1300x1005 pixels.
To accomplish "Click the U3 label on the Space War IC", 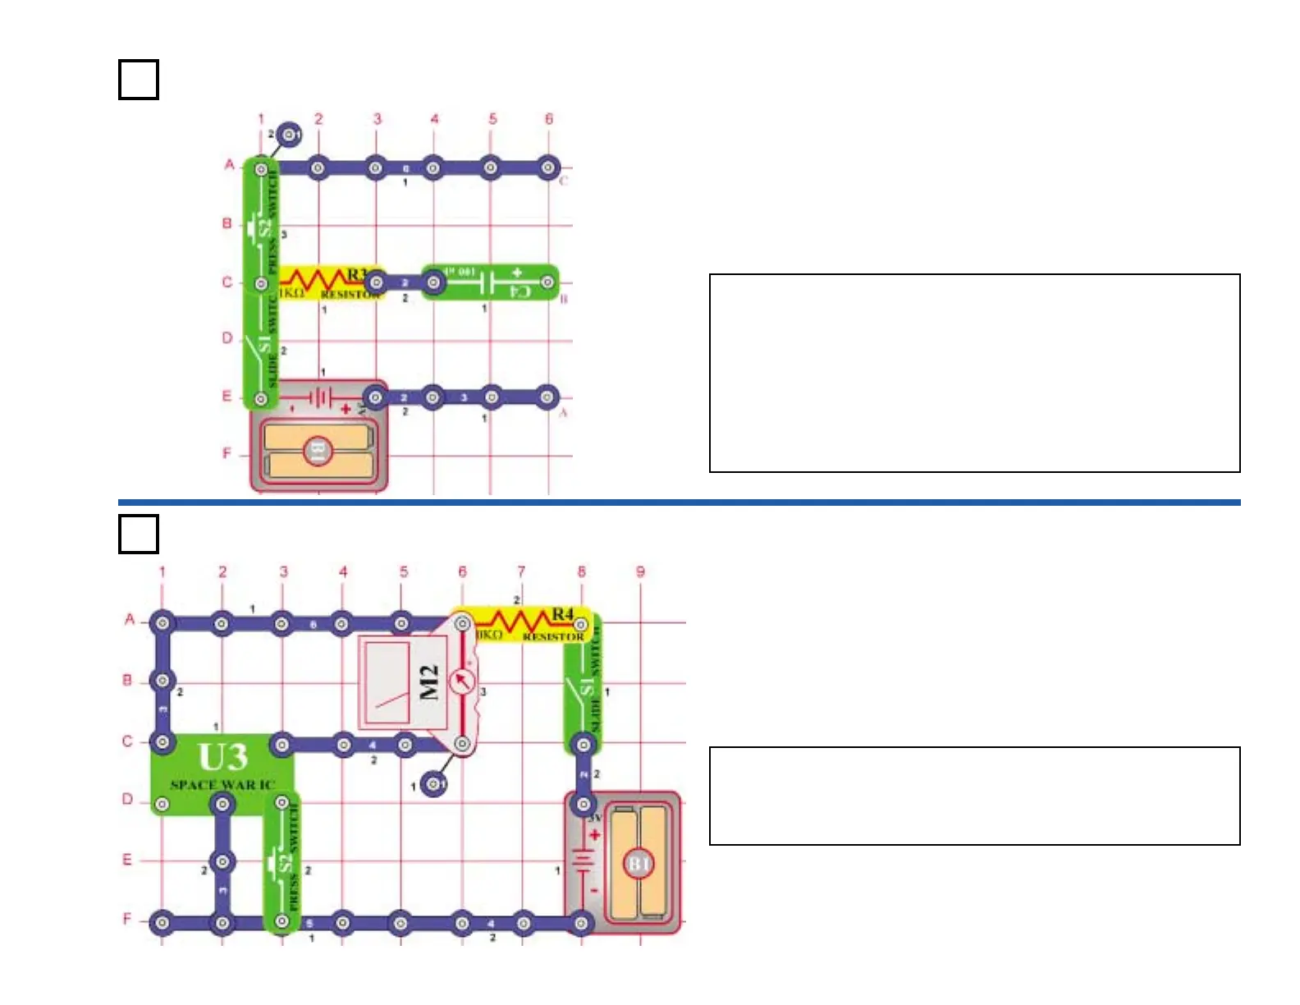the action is [x=222, y=755].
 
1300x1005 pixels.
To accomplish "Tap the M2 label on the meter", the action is [x=429, y=682].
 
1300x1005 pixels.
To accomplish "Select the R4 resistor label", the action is [x=563, y=614].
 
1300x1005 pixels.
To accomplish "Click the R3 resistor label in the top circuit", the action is [x=357, y=274].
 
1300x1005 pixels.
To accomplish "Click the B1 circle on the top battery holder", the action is [x=318, y=451].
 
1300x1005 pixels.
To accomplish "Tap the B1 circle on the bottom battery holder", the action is [x=639, y=864].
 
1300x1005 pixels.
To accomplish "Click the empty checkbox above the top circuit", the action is [x=139, y=80].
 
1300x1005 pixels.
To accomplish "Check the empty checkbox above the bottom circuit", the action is [x=139, y=534].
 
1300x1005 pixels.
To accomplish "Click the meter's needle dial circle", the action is [x=462, y=681].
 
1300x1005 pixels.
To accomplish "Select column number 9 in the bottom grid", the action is [x=640, y=571].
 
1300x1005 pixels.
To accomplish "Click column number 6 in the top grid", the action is [x=549, y=119].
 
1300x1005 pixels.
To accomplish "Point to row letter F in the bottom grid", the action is [x=127, y=919].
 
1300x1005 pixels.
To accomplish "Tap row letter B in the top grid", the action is [x=227, y=223].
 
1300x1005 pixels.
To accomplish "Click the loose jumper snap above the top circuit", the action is [x=289, y=134].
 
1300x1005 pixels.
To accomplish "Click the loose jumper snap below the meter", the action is [x=435, y=785].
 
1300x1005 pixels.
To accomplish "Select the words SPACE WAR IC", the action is [x=222, y=785].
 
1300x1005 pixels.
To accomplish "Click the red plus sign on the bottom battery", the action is [x=594, y=835].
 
